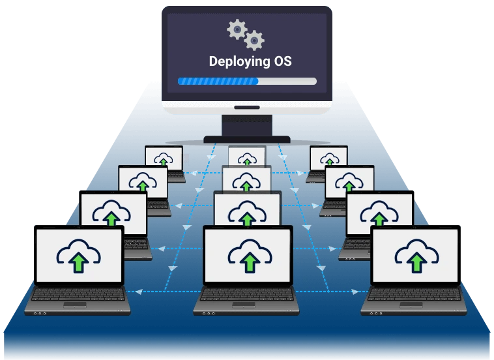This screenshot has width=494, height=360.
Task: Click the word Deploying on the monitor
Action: (239, 62)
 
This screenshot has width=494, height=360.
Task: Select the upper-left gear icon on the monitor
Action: (237, 29)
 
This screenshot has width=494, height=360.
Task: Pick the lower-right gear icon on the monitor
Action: (254, 40)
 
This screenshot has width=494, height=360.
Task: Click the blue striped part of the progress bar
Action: (218, 82)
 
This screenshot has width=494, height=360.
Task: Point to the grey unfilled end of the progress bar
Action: (287, 82)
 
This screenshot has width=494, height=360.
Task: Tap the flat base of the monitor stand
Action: (247, 140)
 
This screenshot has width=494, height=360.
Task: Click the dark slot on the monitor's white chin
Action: (247, 108)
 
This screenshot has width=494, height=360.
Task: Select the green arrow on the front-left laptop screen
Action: (78, 263)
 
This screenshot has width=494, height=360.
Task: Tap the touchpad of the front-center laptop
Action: (244, 305)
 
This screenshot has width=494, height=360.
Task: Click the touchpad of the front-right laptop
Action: (411, 305)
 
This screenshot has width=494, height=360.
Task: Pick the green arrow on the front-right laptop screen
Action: (417, 262)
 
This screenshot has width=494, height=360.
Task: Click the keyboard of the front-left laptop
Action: (78, 294)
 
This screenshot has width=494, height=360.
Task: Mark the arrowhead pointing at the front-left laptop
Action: (139, 292)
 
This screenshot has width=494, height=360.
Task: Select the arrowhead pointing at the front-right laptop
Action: (355, 292)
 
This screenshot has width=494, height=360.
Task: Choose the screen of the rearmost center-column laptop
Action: (247, 156)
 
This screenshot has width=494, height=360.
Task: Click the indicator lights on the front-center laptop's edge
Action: (209, 314)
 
